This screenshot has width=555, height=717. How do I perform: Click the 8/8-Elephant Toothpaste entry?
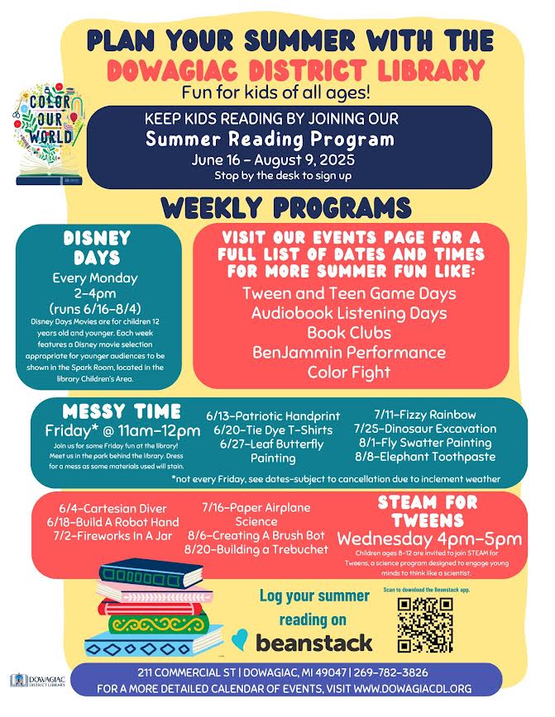pyautogui.click(x=425, y=456)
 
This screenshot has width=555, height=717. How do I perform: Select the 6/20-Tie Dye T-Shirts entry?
pyautogui.click(x=273, y=430)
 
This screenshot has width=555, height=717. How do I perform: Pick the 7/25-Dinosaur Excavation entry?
pyautogui.click(x=425, y=429)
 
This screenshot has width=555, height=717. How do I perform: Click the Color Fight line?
pyautogui.click(x=348, y=372)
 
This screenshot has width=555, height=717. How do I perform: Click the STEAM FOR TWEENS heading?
pyautogui.click(x=427, y=510)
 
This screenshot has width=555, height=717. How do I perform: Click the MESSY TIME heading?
pyautogui.click(x=122, y=411)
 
